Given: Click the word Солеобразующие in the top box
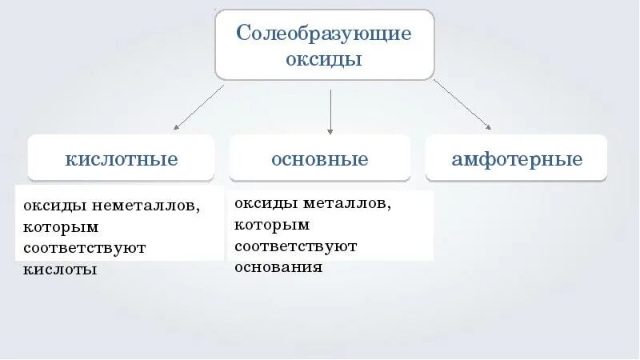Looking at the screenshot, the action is click(324, 34).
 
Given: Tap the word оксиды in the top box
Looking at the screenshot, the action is click(324, 60).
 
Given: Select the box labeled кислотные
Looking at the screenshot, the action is click(122, 158).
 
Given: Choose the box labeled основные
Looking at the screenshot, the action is click(320, 158).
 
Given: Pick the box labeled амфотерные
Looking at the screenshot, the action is click(517, 158).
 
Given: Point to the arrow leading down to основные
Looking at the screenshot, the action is click(330, 111).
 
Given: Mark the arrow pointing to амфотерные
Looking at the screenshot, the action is click(462, 104).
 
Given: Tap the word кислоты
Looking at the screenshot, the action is click(60, 270).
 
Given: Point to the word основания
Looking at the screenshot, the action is click(278, 266).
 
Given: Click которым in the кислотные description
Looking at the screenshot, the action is click(60, 227).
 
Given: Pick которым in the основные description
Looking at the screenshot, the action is click(271, 225).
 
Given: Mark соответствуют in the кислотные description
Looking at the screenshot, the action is click(85, 248).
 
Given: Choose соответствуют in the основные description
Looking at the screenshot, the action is click(296, 246).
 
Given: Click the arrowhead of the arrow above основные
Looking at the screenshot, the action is click(330, 130).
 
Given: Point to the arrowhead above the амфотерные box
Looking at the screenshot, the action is click(488, 126).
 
